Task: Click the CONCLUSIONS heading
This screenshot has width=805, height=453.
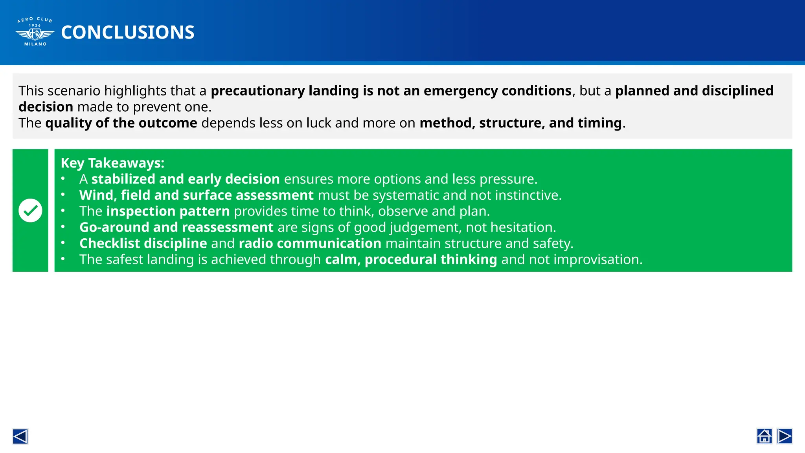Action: coord(127,32)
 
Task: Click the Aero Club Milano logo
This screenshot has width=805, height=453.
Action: coord(35,32)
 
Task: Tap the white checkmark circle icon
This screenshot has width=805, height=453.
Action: coord(30,210)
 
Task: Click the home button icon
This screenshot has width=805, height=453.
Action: coord(764,436)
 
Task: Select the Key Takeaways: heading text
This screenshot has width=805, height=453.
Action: coord(112,163)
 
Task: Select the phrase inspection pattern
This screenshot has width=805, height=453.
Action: coord(168,212)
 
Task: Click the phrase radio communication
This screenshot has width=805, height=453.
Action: coord(310,243)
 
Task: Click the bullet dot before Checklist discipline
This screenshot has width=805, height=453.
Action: coord(63,243)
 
